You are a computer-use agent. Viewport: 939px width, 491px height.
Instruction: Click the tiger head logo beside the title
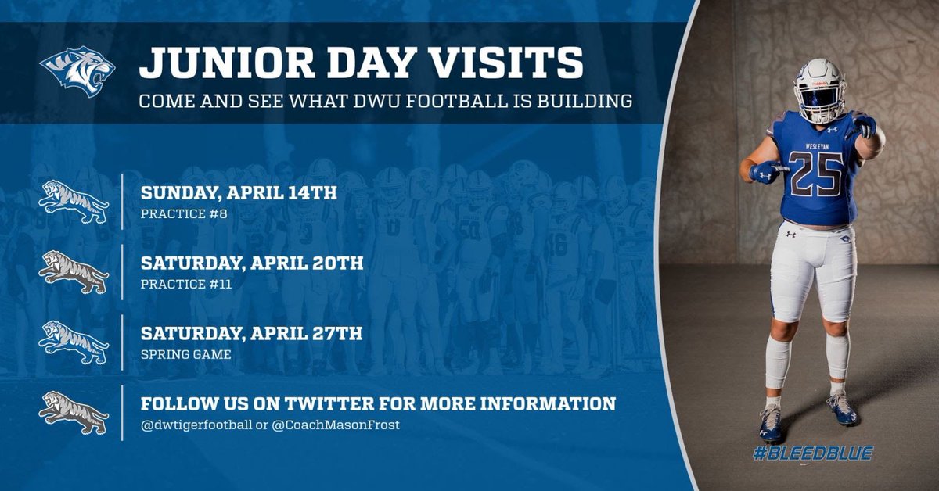click(x=77, y=71)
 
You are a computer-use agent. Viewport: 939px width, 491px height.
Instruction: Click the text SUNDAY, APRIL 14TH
click(x=239, y=192)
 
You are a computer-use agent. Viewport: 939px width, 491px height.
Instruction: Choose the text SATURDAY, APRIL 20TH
click(x=251, y=263)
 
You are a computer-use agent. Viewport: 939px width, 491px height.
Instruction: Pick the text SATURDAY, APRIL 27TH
click(x=251, y=334)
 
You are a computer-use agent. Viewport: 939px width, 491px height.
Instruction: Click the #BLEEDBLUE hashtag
click(x=813, y=453)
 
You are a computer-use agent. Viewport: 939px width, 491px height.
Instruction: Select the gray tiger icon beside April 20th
click(x=74, y=271)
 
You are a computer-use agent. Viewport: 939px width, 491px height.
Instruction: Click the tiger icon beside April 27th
click(x=74, y=342)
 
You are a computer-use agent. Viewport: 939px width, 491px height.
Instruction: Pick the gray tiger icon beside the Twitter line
click(x=74, y=413)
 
